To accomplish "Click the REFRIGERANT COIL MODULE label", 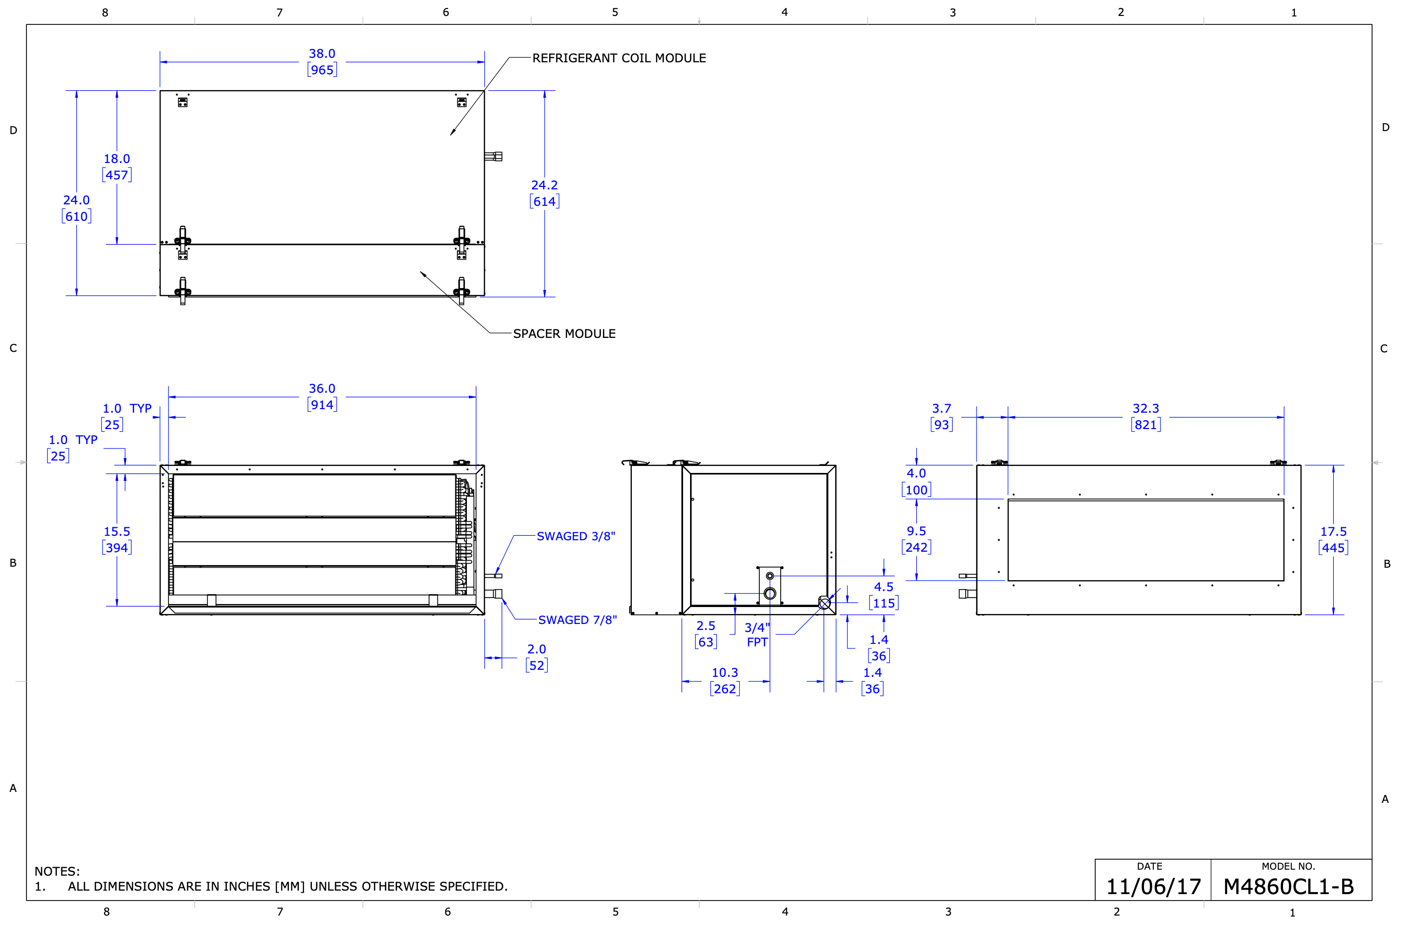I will click(619, 58).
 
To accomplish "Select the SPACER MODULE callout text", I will click(564, 334).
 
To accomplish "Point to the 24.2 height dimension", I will click(545, 185).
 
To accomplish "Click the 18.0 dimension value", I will click(117, 159).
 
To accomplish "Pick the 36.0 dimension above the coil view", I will click(322, 389).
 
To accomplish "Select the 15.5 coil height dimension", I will click(117, 531).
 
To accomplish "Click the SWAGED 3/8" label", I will click(576, 536).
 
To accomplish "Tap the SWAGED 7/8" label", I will click(577, 620).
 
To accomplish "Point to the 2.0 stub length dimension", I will click(536, 649).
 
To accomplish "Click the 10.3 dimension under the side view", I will click(724, 672).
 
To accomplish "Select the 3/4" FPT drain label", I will click(757, 635).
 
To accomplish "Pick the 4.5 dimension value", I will click(883, 587).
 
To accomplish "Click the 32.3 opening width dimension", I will click(1145, 409).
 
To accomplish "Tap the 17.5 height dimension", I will click(1333, 531).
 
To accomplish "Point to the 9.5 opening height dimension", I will click(916, 531).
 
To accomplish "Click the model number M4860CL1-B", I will click(1288, 887).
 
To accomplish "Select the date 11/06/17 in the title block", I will click(1153, 887).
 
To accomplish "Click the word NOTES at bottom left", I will click(56, 871).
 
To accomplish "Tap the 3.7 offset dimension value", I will click(941, 409).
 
